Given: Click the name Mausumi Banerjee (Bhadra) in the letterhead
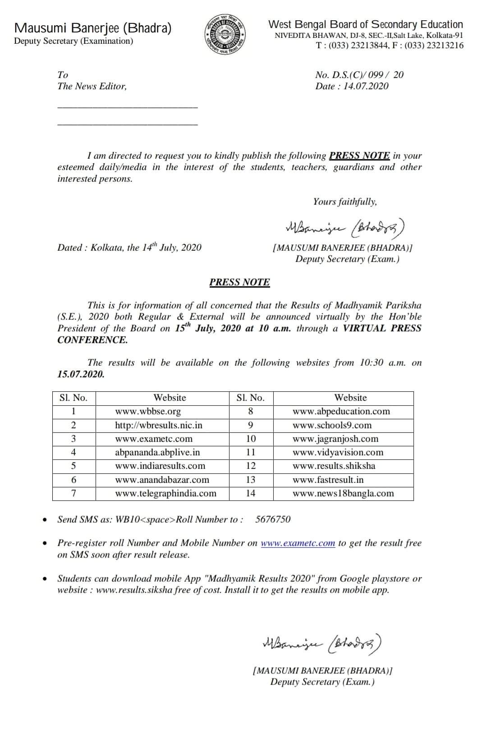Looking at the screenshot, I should click(x=93, y=28).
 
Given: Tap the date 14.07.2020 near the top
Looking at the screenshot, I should click(x=366, y=86).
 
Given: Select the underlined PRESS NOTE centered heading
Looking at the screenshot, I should click(x=239, y=282).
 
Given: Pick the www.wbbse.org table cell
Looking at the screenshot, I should click(x=148, y=411).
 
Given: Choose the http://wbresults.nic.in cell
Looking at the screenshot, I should click(x=159, y=425).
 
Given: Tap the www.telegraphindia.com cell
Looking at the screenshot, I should click(x=165, y=493).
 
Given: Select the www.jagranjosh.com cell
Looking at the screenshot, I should click(x=335, y=439).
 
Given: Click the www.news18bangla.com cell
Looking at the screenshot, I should click(x=343, y=493).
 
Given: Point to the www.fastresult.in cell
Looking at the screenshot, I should click(x=328, y=480).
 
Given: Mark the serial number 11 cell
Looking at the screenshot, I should click(x=251, y=452).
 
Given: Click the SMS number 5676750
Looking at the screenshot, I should click(x=273, y=519).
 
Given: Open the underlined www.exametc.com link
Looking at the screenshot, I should click(x=298, y=543).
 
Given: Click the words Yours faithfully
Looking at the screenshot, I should click(x=345, y=201).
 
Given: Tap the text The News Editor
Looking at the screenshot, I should click(x=92, y=86).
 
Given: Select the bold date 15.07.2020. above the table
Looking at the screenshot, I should click(x=81, y=374).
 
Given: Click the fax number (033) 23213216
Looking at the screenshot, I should click(x=434, y=45).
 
